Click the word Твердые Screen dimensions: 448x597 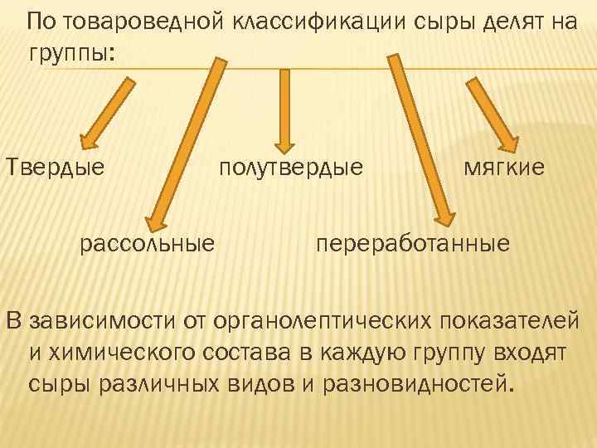[56, 168]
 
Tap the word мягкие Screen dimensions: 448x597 [503, 168]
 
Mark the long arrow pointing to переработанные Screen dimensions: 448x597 [421, 141]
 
